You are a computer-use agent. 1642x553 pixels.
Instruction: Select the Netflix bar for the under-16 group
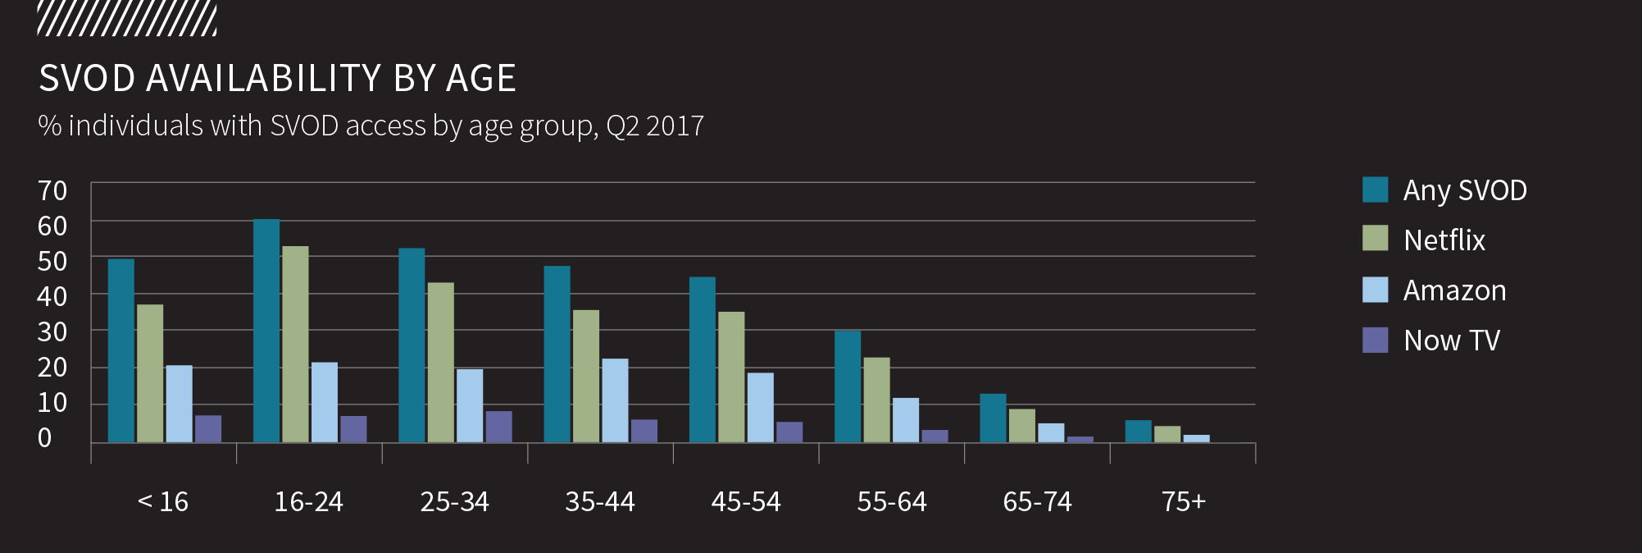click(150, 373)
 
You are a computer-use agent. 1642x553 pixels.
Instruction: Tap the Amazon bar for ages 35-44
click(615, 400)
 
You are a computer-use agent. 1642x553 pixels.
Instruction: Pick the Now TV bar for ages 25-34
click(498, 427)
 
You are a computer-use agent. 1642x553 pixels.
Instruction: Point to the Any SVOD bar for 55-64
click(848, 386)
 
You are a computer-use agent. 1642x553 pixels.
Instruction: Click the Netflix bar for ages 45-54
click(731, 377)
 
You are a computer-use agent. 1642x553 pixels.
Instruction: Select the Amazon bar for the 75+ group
click(1196, 439)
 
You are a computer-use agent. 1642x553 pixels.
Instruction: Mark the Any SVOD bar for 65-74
click(993, 418)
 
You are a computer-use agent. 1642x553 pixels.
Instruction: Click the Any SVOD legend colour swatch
click(1375, 190)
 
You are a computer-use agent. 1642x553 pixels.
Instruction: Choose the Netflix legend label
click(1444, 240)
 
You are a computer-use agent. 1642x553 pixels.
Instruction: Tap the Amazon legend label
click(1454, 290)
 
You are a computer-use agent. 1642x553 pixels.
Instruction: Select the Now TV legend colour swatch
click(1375, 340)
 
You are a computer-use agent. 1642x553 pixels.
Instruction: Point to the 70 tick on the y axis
click(52, 190)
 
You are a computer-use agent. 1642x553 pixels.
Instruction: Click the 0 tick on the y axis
click(44, 437)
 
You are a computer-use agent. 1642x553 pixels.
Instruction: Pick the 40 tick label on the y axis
click(52, 296)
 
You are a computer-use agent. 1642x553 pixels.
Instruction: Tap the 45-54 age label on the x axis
click(746, 501)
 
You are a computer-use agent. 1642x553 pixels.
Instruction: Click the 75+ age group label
click(1183, 501)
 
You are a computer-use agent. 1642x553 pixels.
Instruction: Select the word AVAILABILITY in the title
click(263, 79)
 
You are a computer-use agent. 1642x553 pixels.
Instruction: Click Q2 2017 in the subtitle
click(655, 126)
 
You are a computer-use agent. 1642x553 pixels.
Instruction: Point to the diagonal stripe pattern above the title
click(127, 19)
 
